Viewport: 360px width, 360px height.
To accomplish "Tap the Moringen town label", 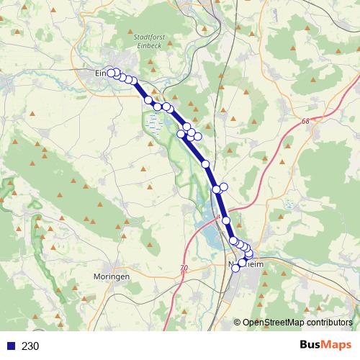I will (112, 276).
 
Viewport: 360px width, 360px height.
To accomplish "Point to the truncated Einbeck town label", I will (101, 73).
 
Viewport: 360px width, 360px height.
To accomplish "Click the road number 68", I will (307, 122).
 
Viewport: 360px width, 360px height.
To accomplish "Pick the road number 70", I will (184, 268).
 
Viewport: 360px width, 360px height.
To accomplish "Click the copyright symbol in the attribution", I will (237, 322).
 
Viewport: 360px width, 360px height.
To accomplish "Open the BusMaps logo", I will (327, 345).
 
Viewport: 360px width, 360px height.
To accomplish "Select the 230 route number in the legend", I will (30, 346).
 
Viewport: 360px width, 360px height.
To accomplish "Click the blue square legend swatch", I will (12, 346).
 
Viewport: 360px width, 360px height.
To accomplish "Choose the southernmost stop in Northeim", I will (235, 269).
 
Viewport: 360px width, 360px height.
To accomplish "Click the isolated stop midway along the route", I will (205, 164).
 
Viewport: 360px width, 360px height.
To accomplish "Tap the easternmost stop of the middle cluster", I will (197, 136).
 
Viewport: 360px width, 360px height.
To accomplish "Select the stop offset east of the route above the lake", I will (224, 187).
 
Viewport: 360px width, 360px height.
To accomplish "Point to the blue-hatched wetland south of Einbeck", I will (153, 127).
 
